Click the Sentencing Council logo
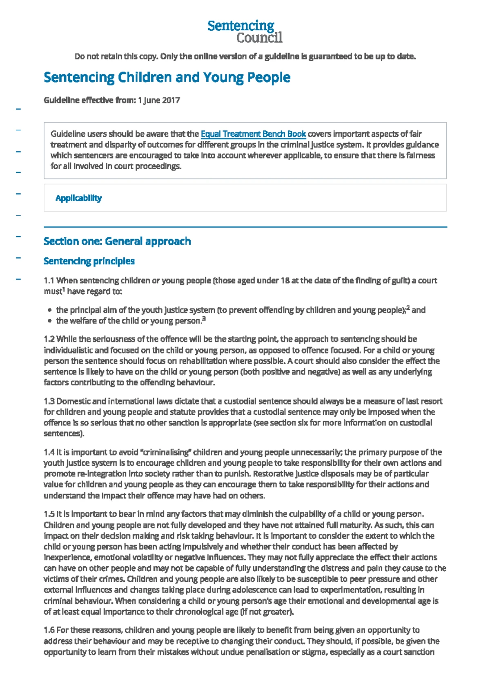pyautogui.click(x=245, y=31)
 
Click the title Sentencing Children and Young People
pyautogui.click(x=167, y=77)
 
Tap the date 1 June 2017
pyautogui.click(x=159, y=100)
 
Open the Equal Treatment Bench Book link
pyautogui.click(x=253, y=134)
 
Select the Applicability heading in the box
pyautogui.click(x=78, y=198)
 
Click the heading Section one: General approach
pyautogui.click(x=117, y=241)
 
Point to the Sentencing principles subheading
pyautogui.click(x=89, y=261)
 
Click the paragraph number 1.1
pyautogui.click(x=49, y=281)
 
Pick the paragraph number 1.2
pyautogui.click(x=49, y=339)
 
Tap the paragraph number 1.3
pyautogui.click(x=49, y=401)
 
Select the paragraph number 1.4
pyautogui.click(x=49, y=452)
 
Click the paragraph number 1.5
pyautogui.click(x=49, y=514)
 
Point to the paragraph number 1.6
pyautogui.click(x=49, y=630)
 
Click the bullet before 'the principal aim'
pyautogui.click(x=50, y=311)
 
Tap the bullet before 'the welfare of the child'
pyautogui.click(x=50, y=321)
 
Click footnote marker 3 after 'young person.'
pyautogui.click(x=204, y=319)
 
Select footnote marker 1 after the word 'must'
pyautogui.click(x=64, y=289)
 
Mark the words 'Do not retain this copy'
pyautogui.click(x=116, y=56)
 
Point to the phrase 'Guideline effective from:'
pyautogui.click(x=89, y=100)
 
